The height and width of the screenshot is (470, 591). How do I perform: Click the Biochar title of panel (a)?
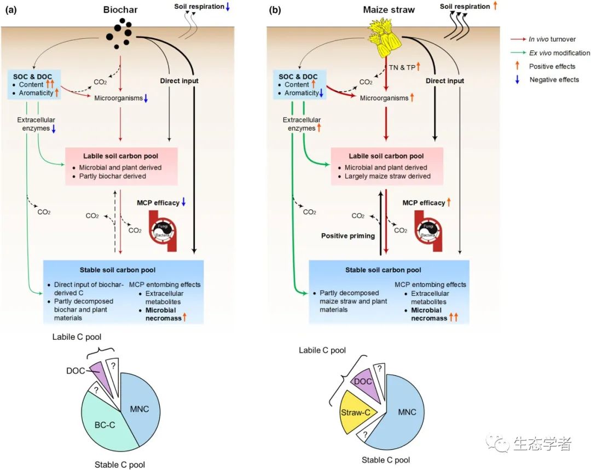pyautogui.click(x=120, y=10)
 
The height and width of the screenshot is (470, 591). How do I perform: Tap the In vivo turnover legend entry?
pyautogui.click(x=552, y=40)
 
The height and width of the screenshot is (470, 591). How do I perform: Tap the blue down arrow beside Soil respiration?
pyautogui.click(x=228, y=7)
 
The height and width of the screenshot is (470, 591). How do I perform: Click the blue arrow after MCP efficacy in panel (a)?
pyautogui.click(x=184, y=202)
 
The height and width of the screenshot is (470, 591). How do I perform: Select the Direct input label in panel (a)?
pyautogui.click(x=179, y=81)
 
